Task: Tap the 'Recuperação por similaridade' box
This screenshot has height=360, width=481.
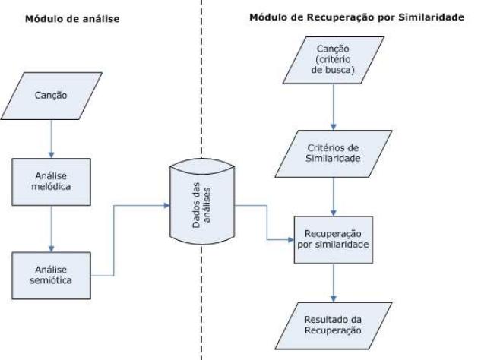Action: click(x=332, y=241)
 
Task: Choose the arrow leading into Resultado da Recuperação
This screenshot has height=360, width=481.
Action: click(x=332, y=280)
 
